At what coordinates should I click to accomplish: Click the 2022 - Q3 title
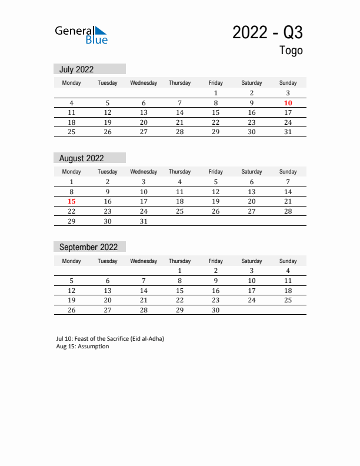(268, 32)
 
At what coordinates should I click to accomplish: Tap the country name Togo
(291, 51)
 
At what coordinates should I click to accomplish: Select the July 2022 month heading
(76, 69)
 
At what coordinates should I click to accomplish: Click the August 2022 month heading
(81, 158)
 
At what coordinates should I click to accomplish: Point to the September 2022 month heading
(88, 247)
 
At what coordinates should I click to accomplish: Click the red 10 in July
(288, 103)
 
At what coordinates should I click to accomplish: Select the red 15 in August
(72, 201)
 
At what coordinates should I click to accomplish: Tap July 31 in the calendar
(288, 132)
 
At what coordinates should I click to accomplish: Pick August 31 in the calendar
(144, 221)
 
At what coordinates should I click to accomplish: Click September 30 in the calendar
(216, 310)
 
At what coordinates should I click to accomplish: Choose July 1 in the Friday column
(216, 93)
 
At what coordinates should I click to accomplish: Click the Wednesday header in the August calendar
(144, 172)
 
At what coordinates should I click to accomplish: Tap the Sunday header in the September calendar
(288, 261)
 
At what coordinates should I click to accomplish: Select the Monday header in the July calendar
(72, 83)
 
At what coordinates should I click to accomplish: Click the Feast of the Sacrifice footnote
(110, 339)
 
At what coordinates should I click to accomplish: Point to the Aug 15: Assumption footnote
(82, 347)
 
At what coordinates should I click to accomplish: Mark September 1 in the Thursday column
(179, 271)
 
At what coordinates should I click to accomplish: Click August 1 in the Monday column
(72, 182)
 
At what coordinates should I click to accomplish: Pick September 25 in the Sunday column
(288, 300)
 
